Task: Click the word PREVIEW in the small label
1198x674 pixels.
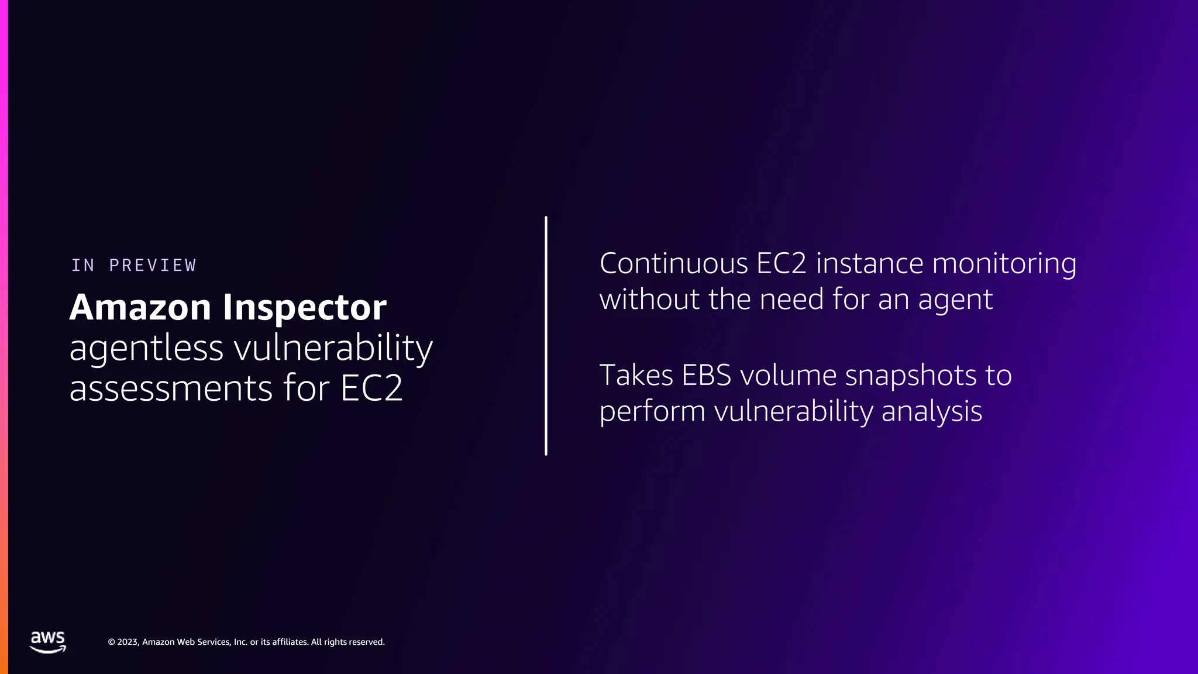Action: click(x=153, y=266)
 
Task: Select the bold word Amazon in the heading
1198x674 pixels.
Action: click(x=140, y=308)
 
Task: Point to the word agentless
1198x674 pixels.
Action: click(x=146, y=349)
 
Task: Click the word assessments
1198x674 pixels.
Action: click(x=171, y=388)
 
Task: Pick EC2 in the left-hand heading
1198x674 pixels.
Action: click(x=371, y=388)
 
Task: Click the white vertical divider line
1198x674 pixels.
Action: click(x=546, y=336)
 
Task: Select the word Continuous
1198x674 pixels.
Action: click(x=674, y=264)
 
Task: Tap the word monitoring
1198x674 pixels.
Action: click(x=1004, y=264)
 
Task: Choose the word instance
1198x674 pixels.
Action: click(x=870, y=264)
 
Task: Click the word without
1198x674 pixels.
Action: click(x=649, y=300)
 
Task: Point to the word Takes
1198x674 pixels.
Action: click(x=636, y=376)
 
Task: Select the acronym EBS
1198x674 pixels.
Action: click(x=706, y=376)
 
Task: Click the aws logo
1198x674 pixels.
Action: click(x=48, y=642)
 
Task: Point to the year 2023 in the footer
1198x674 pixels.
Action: click(x=128, y=642)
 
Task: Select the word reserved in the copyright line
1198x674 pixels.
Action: click(x=366, y=642)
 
